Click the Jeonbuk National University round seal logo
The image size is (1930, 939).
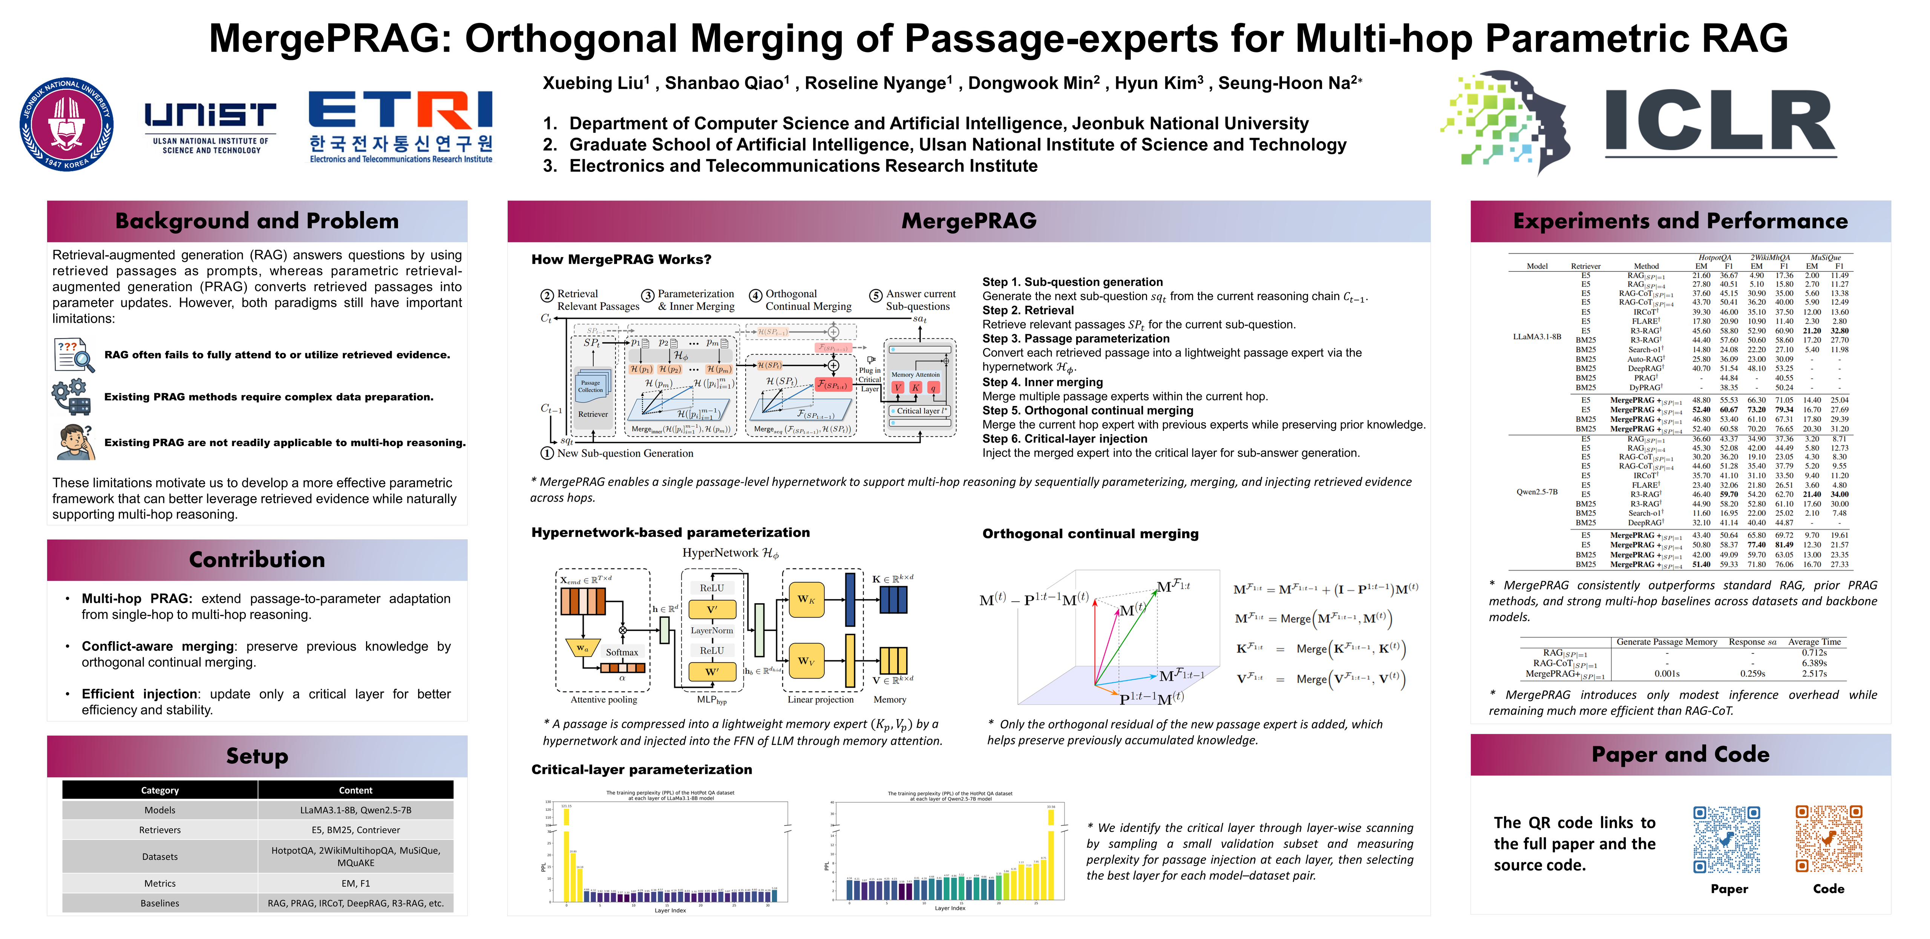click(x=67, y=124)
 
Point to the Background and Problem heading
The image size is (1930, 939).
click(x=257, y=221)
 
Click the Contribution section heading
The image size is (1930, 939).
click(x=257, y=560)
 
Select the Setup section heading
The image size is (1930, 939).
click(x=257, y=756)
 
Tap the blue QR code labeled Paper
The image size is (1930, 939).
click(x=1727, y=839)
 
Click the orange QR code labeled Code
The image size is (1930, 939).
click(x=1828, y=839)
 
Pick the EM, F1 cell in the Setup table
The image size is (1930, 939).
click(x=355, y=884)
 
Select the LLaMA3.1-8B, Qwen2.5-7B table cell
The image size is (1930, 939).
click(x=355, y=810)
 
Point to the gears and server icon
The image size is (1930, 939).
click(x=72, y=397)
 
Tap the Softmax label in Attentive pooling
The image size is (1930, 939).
click(x=622, y=652)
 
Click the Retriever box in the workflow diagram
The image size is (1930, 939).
click(x=593, y=414)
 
